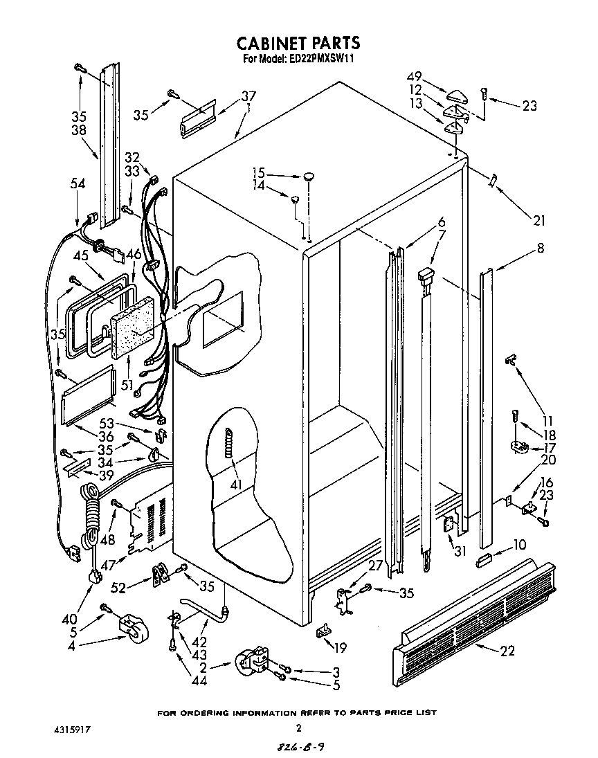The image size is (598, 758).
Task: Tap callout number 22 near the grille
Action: (x=507, y=650)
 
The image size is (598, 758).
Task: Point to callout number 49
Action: (x=414, y=77)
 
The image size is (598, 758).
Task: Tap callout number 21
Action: (x=538, y=221)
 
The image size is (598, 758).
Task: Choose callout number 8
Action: (x=539, y=248)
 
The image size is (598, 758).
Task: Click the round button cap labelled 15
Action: (x=309, y=176)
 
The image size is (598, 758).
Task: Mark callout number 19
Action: (x=339, y=648)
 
